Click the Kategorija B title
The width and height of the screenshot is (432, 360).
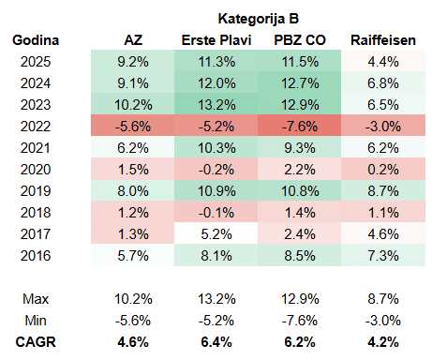259,19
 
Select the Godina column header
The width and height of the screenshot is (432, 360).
36,40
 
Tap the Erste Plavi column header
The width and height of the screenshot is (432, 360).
216,40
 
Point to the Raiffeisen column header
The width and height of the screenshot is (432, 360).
383,40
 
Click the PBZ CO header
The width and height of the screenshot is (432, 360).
300,40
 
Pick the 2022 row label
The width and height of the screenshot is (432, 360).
36,127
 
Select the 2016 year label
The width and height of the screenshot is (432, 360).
36,256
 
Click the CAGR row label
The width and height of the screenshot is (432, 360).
36,342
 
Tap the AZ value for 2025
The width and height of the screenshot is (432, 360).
133,62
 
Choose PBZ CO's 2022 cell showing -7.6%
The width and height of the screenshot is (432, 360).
300,127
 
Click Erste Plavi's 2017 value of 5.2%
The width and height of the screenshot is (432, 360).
216,234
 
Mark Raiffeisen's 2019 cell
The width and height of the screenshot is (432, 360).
383,191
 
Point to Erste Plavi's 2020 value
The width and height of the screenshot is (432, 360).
216,170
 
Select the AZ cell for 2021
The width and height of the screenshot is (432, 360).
133,148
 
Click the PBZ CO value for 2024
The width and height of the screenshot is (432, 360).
300,83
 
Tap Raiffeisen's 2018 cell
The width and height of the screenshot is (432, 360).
383,213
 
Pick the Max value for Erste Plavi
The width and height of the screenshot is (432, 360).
216,299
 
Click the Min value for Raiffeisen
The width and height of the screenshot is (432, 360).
383,321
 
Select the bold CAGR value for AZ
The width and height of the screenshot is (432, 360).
133,342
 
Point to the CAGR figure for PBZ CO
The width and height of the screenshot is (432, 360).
300,342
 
